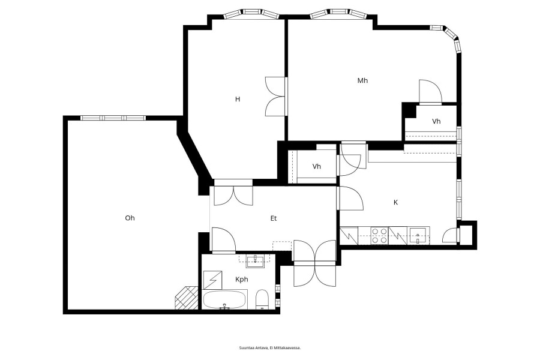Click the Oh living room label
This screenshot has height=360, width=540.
130,218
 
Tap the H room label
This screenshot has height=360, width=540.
237,99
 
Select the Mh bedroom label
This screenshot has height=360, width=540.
362,80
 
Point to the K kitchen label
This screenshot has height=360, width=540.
396,203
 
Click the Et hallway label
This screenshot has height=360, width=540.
274,218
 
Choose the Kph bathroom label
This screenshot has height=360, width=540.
241,280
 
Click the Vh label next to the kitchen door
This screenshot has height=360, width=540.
316,167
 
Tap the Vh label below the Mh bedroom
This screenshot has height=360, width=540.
436,121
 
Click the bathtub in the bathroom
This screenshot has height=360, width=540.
224,300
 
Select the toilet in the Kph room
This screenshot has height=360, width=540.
262,299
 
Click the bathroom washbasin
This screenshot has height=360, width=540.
255,261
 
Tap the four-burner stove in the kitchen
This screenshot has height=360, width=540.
380,236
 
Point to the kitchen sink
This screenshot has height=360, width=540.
418,236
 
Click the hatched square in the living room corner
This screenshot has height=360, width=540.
187,298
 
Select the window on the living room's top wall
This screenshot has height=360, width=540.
113,118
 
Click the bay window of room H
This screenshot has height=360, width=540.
251,13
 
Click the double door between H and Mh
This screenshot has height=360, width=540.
276,96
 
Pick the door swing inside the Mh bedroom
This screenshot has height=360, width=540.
430,92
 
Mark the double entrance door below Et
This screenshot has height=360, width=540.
314,263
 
